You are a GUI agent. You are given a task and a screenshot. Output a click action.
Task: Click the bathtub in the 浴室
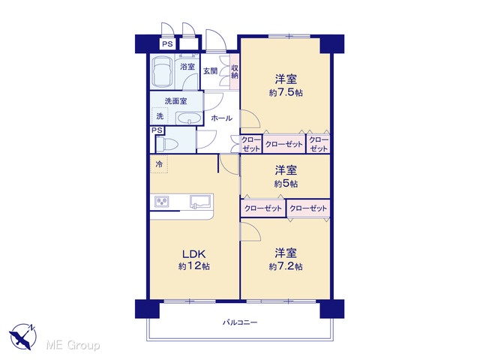coord(162,71)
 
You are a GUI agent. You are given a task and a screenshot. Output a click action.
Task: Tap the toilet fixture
coord(166,144)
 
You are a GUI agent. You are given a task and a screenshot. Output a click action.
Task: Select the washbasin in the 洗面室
coord(188,118)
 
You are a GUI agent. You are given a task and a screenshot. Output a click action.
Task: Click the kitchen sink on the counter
coord(201,201)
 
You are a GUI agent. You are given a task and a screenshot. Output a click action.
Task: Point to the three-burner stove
coord(162,202)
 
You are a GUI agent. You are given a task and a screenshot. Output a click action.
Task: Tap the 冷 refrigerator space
coord(159,164)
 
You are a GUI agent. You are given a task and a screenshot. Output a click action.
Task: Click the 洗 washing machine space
coord(160,116)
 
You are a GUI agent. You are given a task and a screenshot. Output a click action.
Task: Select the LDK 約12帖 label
coord(194,260)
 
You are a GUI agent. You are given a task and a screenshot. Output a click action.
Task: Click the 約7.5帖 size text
coord(286,92)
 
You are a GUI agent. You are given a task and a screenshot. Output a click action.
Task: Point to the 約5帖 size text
coord(286,183)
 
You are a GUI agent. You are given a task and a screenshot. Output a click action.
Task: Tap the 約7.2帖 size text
coord(286,266)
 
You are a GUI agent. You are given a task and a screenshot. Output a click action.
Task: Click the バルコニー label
coord(240,322)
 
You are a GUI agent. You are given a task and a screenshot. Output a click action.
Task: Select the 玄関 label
coord(211,71)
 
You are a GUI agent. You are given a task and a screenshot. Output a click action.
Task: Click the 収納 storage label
coord(235,71)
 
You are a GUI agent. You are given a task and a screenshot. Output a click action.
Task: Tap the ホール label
coord(222,118)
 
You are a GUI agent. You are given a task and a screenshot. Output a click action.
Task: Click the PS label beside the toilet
coord(157,130)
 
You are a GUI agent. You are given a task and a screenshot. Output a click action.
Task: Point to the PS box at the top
coord(167,44)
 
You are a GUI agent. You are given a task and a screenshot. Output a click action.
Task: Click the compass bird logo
coord(22,337)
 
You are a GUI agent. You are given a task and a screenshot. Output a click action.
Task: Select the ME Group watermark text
coord(73,346)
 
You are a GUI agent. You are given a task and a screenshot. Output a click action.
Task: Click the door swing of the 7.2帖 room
coord(251,231)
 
